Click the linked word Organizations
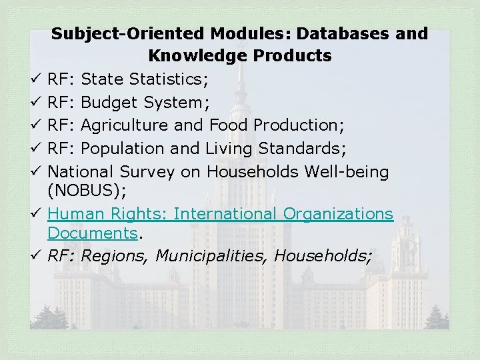(x=338, y=215)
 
